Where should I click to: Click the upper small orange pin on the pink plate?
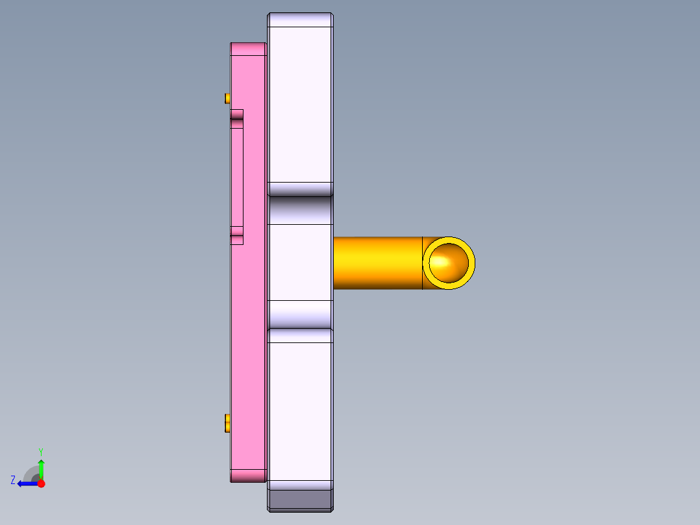tap(227, 98)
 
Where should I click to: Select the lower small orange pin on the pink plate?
tap(227, 423)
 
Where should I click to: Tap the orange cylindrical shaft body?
tap(377, 262)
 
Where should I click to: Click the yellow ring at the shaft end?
tap(449, 242)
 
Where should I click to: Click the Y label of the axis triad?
tap(41, 451)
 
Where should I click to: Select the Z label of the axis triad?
tap(13, 480)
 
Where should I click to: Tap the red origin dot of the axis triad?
tap(41, 483)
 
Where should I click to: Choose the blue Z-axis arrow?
tap(27, 483)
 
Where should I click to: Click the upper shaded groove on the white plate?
tap(300, 209)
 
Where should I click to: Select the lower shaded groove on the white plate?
tap(300, 314)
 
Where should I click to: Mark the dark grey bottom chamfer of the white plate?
tap(300, 500)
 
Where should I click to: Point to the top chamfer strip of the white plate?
tap(300, 20)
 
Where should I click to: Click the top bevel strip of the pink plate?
tap(248, 49)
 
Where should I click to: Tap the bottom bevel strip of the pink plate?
tap(248, 476)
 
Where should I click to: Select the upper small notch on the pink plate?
tap(237, 115)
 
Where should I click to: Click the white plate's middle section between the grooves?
tap(300, 262)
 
